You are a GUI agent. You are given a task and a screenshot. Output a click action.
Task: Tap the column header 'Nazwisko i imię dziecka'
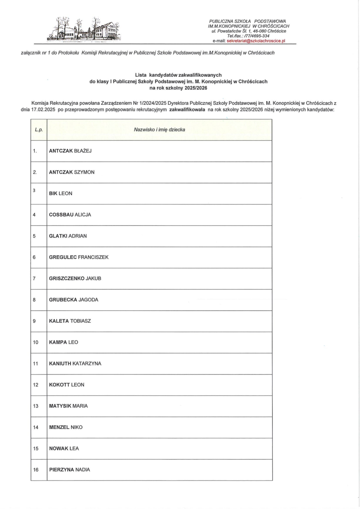click(159, 129)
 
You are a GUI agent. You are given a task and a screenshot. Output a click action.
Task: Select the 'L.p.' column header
click(39, 129)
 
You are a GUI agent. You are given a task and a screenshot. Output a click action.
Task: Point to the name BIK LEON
click(61, 193)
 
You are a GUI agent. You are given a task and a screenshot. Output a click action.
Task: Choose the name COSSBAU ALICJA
click(70, 215)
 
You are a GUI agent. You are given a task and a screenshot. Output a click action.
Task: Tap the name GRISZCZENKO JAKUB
click(75, 278)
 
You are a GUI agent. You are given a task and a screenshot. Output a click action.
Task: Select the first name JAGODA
click(89, 300)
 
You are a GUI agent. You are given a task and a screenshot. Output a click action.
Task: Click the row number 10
click(36, 342)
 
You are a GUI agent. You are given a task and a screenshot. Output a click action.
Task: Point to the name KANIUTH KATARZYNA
click(75, 364)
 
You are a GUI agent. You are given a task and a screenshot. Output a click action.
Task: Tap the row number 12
click(36, 385)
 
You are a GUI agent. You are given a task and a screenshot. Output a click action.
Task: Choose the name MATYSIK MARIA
click(68, 406)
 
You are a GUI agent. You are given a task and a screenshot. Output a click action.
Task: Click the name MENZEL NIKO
click(66, 427)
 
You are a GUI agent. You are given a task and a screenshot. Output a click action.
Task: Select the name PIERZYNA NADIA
click(70, 470)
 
